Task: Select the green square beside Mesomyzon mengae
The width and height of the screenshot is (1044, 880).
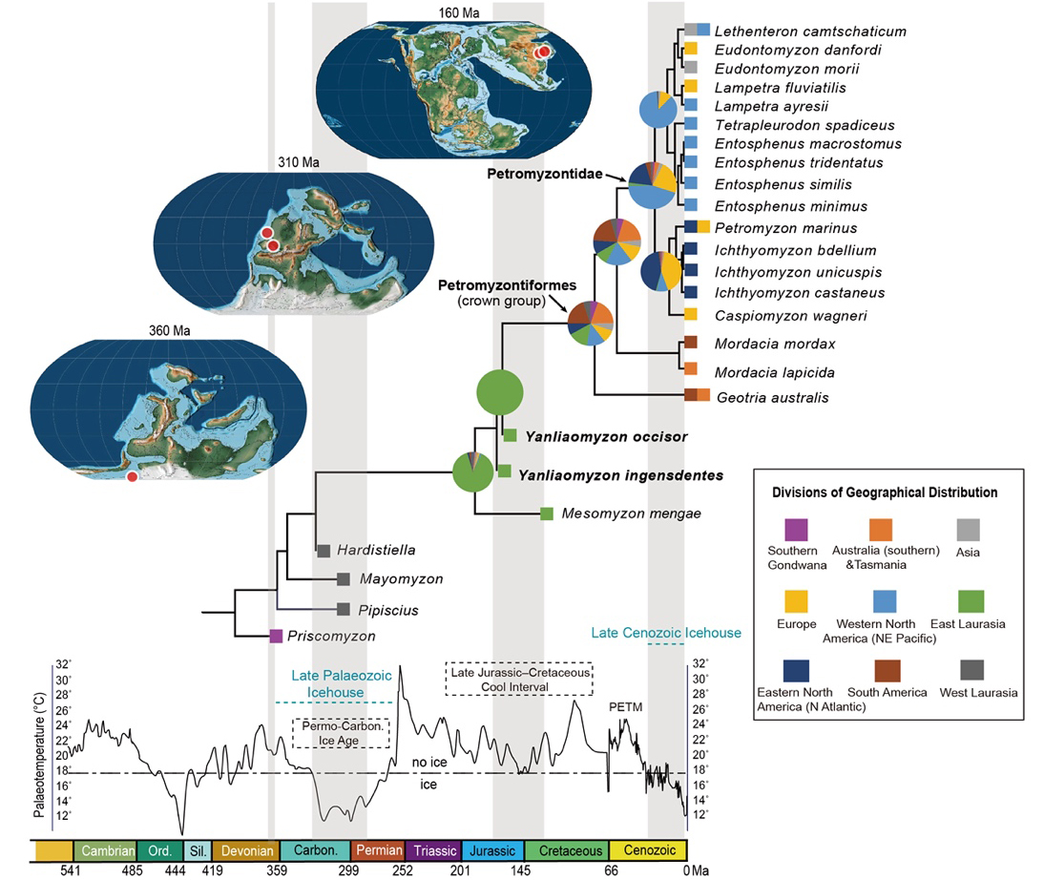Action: pyautogui.click(x=547, y=513)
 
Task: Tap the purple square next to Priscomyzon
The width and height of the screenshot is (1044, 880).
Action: pyautogui.click(x=276, y=636)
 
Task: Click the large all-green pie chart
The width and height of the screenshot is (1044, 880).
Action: pyautogui.click(x=500, y=392)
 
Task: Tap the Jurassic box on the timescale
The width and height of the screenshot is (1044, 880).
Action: pyautogui.click(x=492, y=850)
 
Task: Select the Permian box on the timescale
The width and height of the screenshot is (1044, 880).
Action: pyautogui.click(x=379, y=850)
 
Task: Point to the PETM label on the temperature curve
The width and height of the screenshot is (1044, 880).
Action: pyautogui.click(x=625, y=707)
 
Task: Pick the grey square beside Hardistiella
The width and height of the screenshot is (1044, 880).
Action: pyautogui.click(x=324, y=550)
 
